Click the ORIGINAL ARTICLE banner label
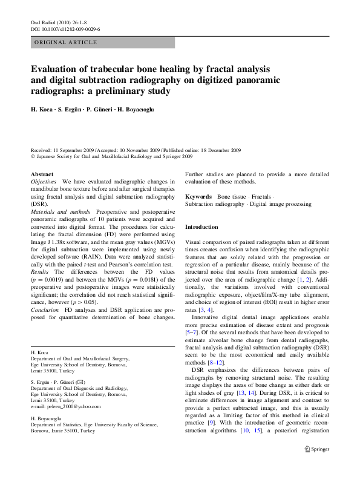tap(66, 42)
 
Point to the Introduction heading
tap(201, 226)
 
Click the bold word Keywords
tap(198, 197)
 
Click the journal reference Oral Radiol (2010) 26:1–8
tap(61, 21)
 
